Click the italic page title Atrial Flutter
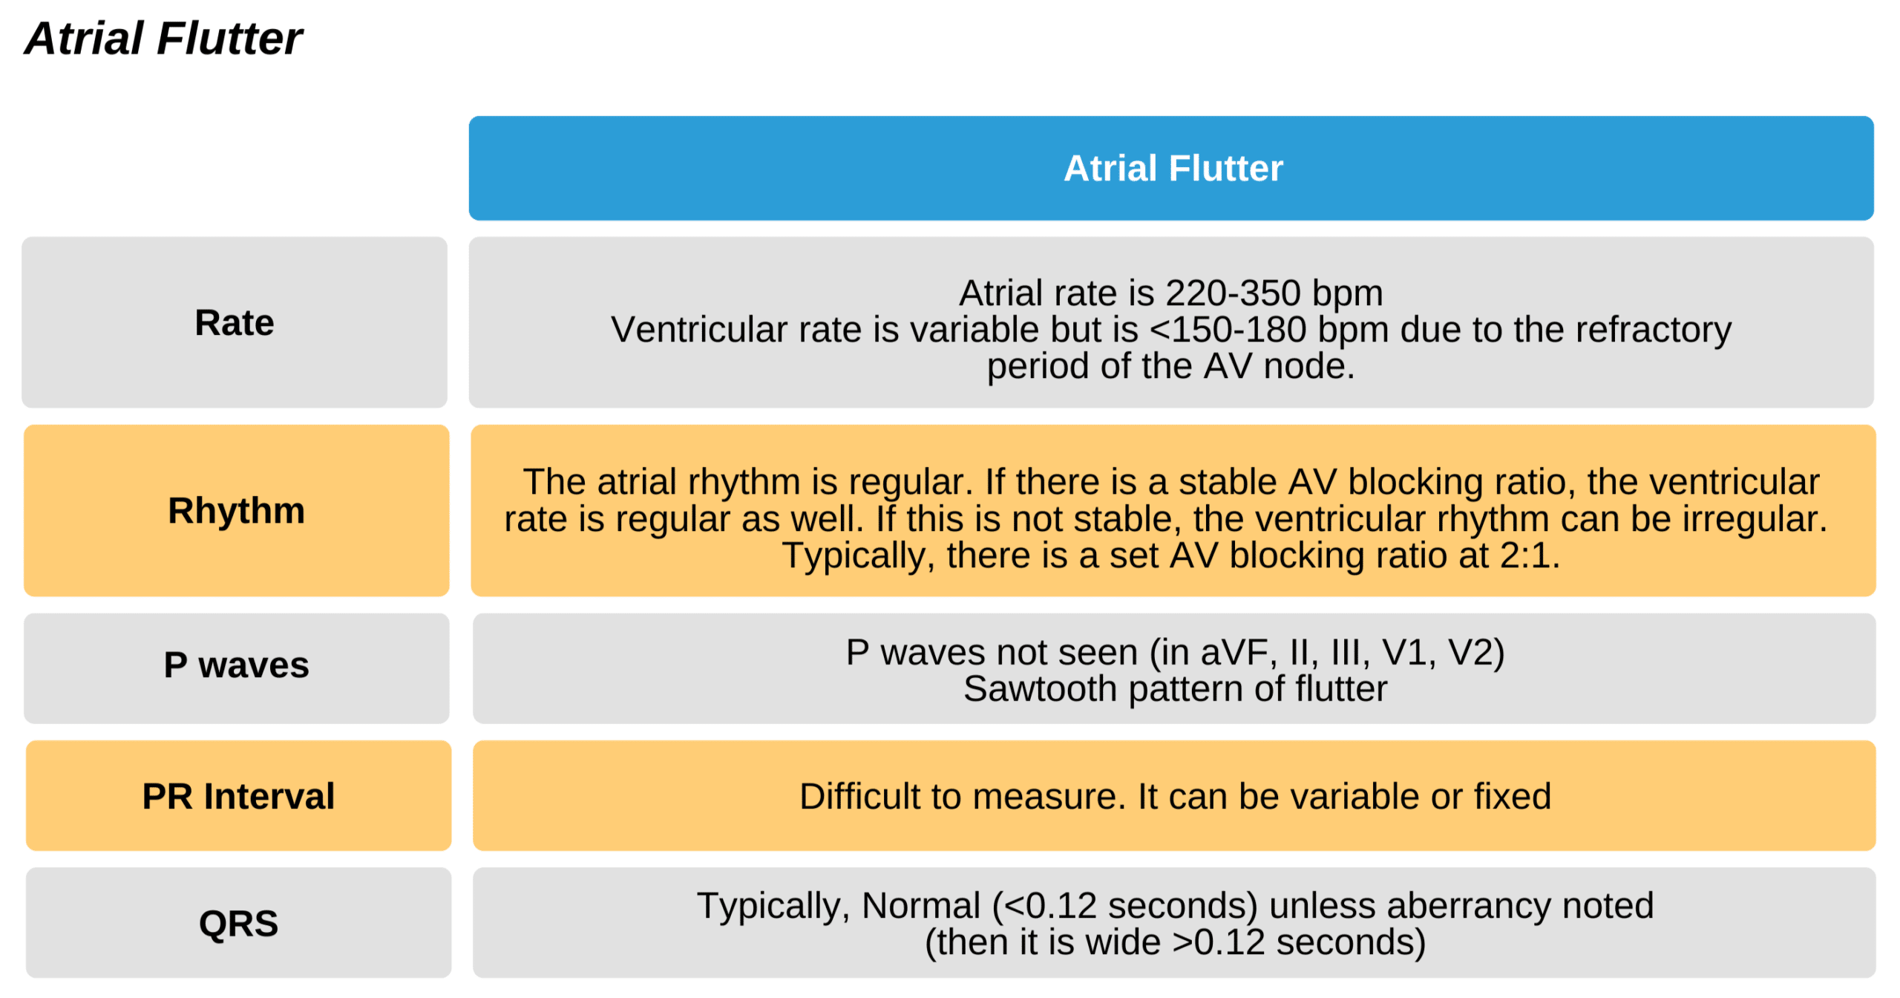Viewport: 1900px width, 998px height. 163,39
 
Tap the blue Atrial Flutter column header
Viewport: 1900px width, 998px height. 1173,168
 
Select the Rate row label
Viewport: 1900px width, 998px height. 235,322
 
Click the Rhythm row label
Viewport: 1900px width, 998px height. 236,510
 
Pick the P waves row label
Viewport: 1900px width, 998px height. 236,665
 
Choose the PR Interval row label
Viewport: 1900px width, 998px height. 238,796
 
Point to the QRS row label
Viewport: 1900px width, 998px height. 238,923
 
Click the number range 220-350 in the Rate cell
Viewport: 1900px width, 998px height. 1233,293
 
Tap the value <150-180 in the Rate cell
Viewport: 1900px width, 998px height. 1228,330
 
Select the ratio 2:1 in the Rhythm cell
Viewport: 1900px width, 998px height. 1524,555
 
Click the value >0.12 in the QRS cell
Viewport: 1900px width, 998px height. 1218,942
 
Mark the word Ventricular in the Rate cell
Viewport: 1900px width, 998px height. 698,330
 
